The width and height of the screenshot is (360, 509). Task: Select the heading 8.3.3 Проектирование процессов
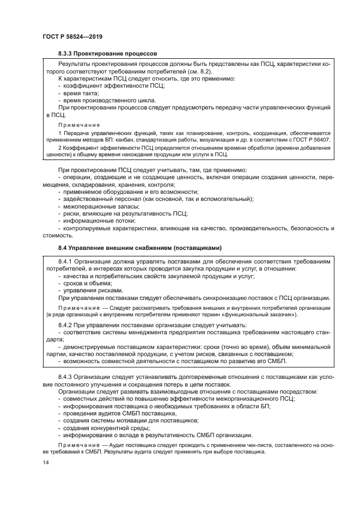click(x=107, y=54)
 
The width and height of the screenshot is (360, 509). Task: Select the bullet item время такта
click(x=80, y=94)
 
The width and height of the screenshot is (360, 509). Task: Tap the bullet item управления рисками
click(x=89, y=290)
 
